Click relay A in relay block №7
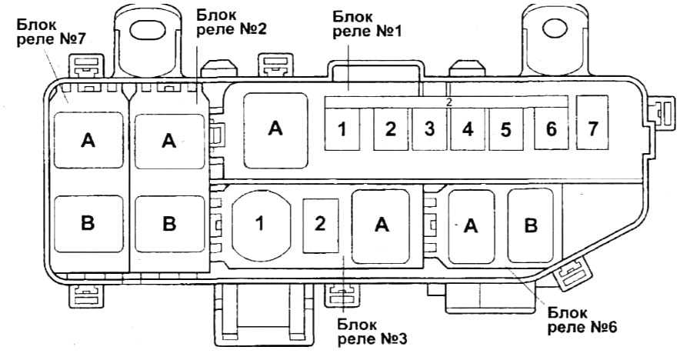pyautogui.click(x=88, y=140)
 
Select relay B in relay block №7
pyautogui.click(x=88, y=223)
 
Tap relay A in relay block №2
pyautogui.click(x=169, y=140)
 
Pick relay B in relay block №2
pyautogui.click(x=169, y=223)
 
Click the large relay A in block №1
pyautogui.click(x=275, y=128)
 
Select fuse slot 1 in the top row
pyautogui.click(x=343, y=128)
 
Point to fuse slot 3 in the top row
pyautogui.click(x=429, y=128)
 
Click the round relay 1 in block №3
pyautogui.click(x=261, y=224)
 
